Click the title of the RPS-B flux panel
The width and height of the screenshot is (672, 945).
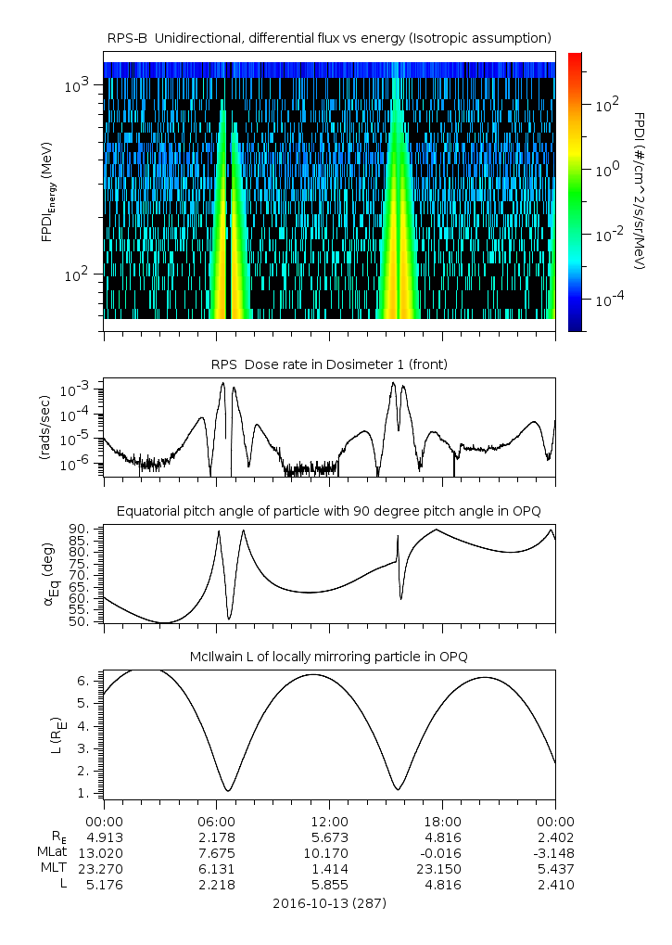click(329, 37)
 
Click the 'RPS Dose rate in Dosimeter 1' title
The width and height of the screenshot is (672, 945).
click(329, 364)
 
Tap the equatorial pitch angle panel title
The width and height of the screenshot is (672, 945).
click(329, 511)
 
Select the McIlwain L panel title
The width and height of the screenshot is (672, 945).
click(329, 657)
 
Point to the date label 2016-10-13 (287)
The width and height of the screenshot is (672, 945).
click(329, 902)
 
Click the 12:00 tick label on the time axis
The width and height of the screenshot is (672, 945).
click(329, 821)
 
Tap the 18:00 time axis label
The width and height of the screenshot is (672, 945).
click(442, 821)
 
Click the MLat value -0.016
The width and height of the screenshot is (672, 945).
click(442, 853)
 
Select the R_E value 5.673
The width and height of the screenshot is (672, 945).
click(329, 837)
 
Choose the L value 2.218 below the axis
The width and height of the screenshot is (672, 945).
click(216, 885)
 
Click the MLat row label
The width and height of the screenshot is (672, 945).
click(51, 853)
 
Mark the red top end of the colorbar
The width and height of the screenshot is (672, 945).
click(575, 57)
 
